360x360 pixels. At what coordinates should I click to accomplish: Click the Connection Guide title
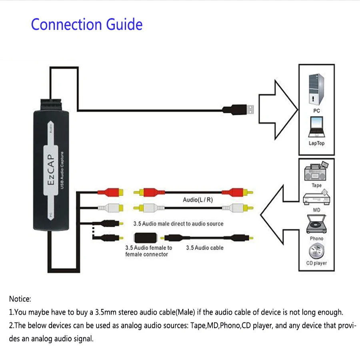87,24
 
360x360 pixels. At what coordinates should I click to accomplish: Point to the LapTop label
316,143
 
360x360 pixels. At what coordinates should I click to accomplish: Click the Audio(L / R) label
198,200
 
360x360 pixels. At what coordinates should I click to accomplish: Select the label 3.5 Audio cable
204,248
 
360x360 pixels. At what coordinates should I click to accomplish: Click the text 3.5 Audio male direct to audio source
178,224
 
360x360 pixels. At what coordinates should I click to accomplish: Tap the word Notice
20,299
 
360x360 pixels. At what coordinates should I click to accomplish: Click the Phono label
316,238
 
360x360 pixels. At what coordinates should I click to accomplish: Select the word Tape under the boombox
316,186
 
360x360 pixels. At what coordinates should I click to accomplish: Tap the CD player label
316,263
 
